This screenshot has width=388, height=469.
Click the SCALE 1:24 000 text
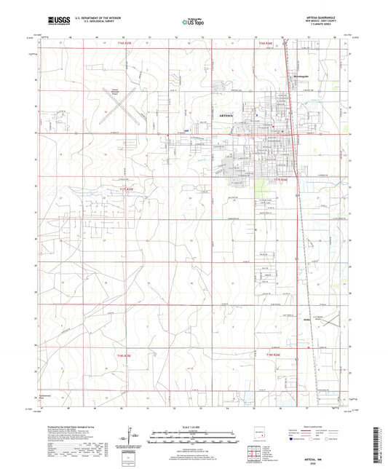(x=194, y=426)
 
